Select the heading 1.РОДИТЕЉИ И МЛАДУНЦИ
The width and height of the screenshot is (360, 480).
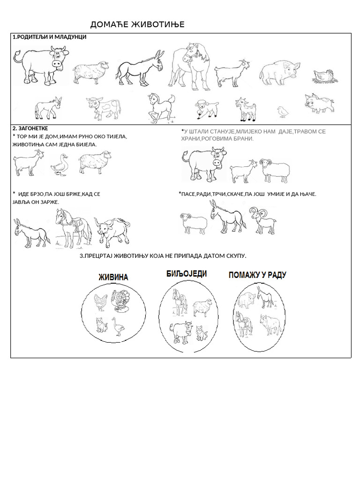49,37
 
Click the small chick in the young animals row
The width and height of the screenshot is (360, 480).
282,111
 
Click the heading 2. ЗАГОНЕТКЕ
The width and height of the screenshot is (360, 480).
30,128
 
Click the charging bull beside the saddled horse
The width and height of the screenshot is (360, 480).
112,230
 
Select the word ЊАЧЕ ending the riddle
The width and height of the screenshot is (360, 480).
307,194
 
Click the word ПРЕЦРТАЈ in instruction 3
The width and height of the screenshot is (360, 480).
100,255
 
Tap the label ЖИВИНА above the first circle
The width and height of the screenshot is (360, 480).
112,277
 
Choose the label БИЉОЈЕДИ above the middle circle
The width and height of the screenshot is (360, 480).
186,274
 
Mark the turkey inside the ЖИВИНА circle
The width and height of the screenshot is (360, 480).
121,301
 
